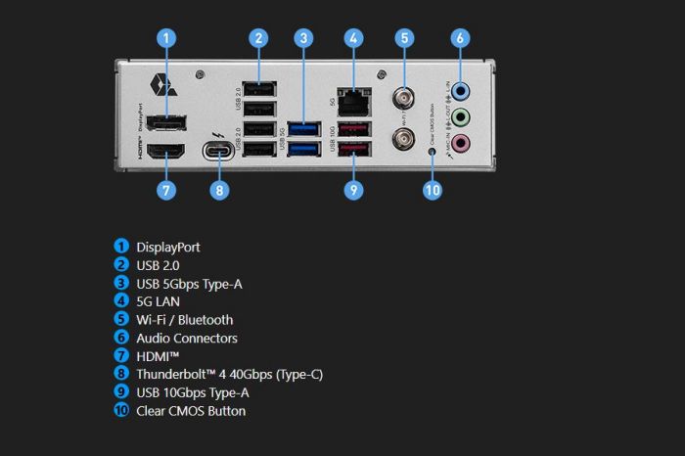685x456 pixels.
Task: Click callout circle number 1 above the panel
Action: pyautogui.click(x=167, y=38)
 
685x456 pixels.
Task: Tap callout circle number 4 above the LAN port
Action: pyautogui.click(x=354, y=38)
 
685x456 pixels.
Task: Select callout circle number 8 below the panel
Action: pyautogui.click(x=220, y=190)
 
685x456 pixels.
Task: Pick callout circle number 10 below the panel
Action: pyautogui.click(x=433, y=190)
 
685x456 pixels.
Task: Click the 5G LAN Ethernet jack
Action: pyautogui.click(x=354, y=99)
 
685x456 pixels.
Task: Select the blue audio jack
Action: pyautogui.click(x=463, y=91)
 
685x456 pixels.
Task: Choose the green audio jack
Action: pyautogui.click(x=463, y=116)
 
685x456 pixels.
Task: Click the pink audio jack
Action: pyautogui.click(x=463, y=143)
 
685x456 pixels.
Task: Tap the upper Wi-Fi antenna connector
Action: pyautogui.click(x=402, y=99)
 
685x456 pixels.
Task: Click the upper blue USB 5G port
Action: pyautogui.click(x=304, y=128)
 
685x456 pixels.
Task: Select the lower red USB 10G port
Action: pyautogui.click(x=354, y=150)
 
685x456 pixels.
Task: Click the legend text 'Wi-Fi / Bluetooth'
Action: pyautogui.click(x=184, y=319)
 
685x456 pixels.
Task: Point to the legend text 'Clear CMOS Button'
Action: pyautogui.click(x=191, y=411)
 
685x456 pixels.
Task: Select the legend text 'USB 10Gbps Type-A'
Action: pyautogui.click(x=192, y=392)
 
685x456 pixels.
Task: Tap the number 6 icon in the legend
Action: pyautogui.click(x=121, y=338)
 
